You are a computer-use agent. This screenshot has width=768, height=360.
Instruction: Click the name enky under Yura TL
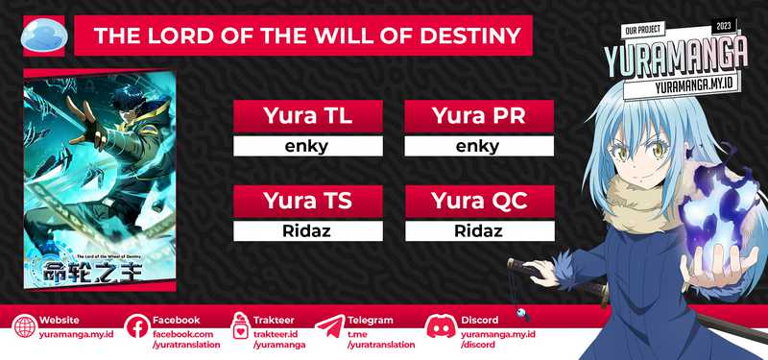[x=309, y=147]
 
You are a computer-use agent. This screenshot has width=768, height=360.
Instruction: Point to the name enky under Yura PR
[x=478, y=147]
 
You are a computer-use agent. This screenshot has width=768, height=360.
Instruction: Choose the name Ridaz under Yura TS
[x=309, y=231]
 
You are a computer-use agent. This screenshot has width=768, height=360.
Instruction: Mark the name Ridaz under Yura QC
[x=478, y=231]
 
